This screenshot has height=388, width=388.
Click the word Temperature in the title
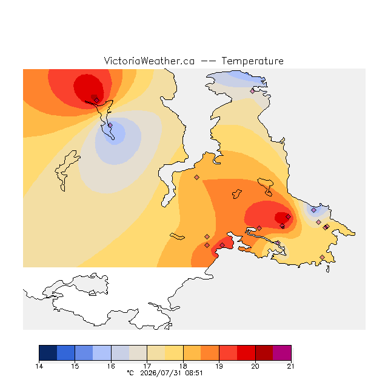tap(252, 61)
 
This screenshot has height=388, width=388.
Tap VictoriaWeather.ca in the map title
tap(149, 61)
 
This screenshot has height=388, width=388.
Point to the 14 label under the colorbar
tap(39, 366)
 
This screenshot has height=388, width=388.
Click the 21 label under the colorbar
tap(291, 366)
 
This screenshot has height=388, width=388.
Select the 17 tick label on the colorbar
tap(147, 366)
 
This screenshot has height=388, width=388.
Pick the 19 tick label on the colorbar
tap(219, 366)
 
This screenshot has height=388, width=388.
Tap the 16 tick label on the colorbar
tap(111, 366)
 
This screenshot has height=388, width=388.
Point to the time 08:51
tap(194, 373)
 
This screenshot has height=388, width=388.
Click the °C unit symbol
tap(130, 373)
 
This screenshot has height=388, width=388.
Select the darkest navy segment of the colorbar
tap(48, 353)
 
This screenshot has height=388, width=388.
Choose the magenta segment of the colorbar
tap(282, 353)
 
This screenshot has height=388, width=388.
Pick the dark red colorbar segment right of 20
tap(264, 353)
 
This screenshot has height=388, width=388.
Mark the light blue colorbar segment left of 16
tap(102, 353)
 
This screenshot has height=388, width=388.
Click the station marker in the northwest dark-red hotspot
tap(97, 100)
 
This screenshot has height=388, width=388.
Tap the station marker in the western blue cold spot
tap(110, 125)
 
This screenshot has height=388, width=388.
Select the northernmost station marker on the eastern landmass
tap(252, 91)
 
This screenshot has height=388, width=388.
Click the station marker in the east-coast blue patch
tap(314, 210)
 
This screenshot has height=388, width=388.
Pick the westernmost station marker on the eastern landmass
tap(196, 177)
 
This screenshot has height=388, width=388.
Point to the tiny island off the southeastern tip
tap(328, 269)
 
